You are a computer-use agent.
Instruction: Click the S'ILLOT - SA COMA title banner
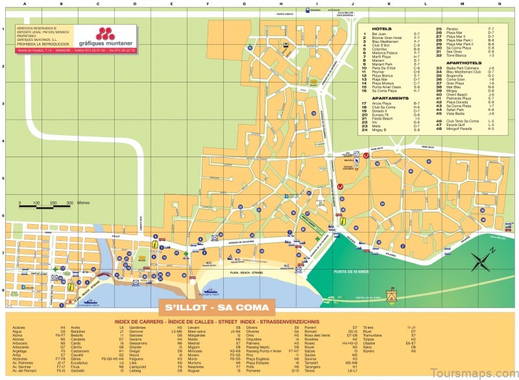click(x=217, y=306)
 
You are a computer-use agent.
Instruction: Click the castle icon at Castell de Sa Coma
click(x=391, y=295)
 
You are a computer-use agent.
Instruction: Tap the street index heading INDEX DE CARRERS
click(x=140, y=321)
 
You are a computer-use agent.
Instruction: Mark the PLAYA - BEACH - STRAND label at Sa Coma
click(x=247, y=273)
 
